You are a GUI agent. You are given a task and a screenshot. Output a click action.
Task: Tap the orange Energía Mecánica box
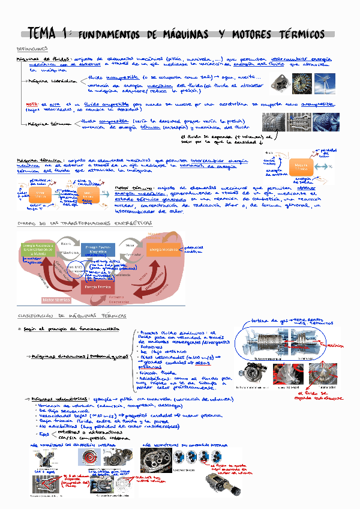(164, 250)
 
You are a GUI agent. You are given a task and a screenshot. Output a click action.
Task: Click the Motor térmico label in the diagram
(57, 298)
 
